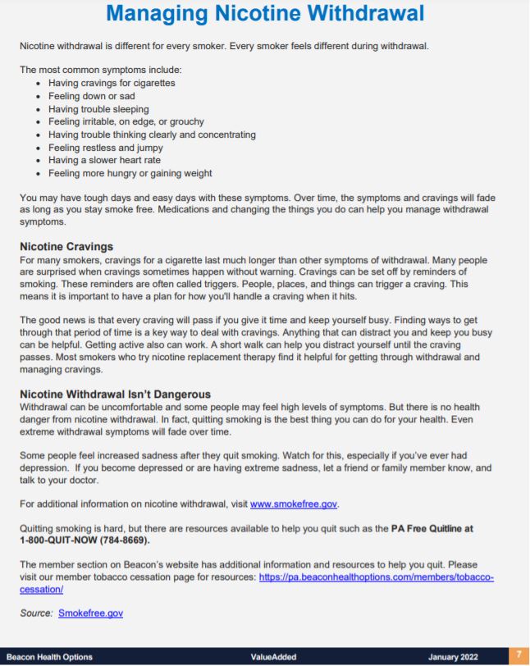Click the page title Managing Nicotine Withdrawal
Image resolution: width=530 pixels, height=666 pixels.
pos(265,14)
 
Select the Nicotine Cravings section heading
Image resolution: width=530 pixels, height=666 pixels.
pos(66,246)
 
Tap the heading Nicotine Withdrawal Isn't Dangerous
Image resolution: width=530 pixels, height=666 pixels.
pos(115,394)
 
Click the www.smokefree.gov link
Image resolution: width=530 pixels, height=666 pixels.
pos(294,504)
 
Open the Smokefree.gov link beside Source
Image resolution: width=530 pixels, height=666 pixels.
pos(90,613)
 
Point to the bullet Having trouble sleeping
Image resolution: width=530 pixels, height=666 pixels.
pos(98,109)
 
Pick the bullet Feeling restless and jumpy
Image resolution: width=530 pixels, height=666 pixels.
pos(104,148)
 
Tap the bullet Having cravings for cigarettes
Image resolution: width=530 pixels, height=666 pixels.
pos(112,83)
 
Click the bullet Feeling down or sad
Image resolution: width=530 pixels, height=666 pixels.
pos(91,96)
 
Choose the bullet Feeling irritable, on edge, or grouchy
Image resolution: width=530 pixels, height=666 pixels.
pos(126,121)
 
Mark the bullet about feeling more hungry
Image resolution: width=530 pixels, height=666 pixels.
pos(130,173)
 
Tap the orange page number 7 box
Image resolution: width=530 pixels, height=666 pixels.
pos(519,656)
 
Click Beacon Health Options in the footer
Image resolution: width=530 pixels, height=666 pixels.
pos(49,657)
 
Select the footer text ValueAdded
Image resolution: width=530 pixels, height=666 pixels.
pos(273,657)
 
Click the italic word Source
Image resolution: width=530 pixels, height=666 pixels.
pos(36,613)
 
